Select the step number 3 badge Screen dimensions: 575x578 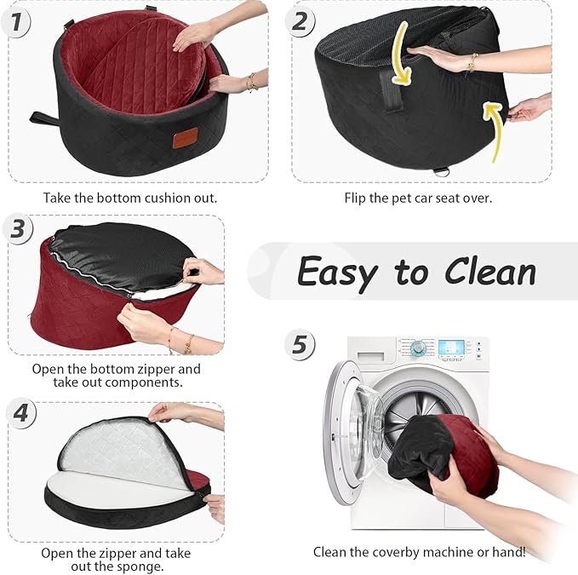16,229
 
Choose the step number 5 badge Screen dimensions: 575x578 299,344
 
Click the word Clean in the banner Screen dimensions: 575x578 486,273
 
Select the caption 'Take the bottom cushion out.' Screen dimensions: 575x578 130,198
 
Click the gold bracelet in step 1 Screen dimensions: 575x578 250,83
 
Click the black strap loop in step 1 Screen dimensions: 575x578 43,118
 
